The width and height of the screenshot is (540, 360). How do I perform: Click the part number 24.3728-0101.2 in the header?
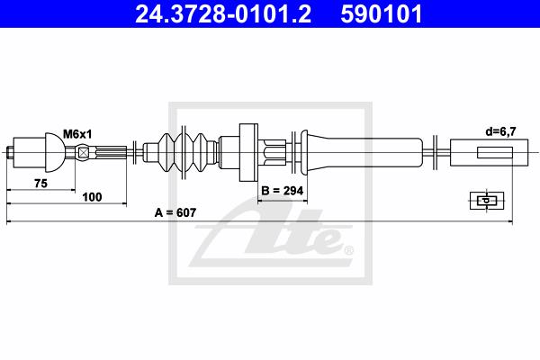[x=223, y=14]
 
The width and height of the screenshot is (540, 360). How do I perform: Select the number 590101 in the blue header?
[x=382, y=14]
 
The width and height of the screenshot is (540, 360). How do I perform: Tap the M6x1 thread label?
[x=77, y=134]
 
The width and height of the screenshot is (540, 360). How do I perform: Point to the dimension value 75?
[x=40, y=184]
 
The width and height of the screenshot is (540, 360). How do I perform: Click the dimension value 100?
[x=92, y=197]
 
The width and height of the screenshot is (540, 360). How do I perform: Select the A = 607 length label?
[x=175, y=212]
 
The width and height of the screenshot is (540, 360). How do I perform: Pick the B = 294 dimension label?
[x=283, y=191]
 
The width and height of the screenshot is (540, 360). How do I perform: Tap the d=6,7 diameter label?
[x=500, y=131]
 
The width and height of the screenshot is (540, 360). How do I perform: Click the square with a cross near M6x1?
[x=83, y=153]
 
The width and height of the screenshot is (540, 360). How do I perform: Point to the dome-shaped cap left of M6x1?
[x=54, y=153]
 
